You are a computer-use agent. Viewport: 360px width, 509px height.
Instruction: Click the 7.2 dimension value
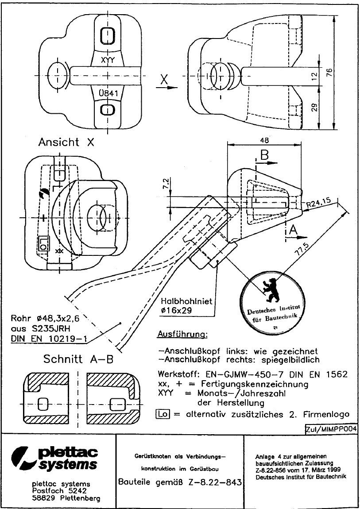pyautogui.click(x=166, y=182)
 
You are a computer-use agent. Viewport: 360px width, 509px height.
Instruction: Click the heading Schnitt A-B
pyautogui.click(x=78, y=359)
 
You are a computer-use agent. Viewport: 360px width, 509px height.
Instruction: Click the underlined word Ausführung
pyautogui.click(x=182, y=333)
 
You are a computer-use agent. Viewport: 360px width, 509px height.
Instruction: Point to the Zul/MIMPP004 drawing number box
pyautogui.click(x=331, y=429)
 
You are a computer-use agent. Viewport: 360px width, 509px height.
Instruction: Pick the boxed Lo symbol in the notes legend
pyautogui.click(x=162, y=414)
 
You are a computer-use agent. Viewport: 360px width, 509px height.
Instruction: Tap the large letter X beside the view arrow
pyautogui.click(x=164, y=80)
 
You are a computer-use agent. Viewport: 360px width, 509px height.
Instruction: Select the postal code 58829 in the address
pyautogui.click(x=45, y=498)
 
